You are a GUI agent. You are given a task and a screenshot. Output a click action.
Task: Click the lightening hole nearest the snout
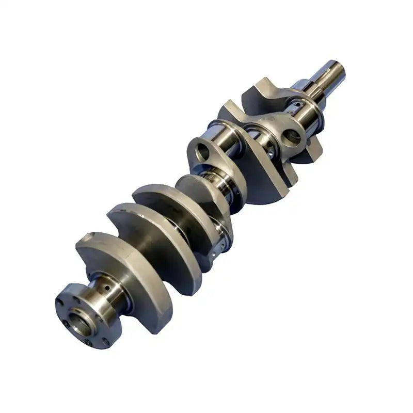coord(292,136)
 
